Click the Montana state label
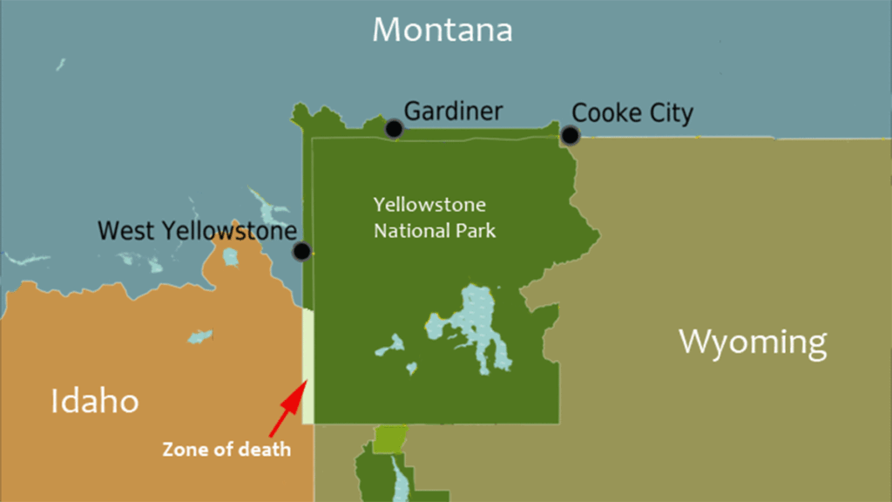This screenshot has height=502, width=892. tap(442, 31)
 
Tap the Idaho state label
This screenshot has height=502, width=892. tap(94, 402)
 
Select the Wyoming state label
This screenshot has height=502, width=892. tap(752, 342)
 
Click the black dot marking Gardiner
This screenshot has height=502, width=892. tap(394, 129)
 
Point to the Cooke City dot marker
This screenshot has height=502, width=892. tap(570, 135)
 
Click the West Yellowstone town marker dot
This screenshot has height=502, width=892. tap(301, 252)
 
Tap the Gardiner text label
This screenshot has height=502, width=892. tap(453, 111)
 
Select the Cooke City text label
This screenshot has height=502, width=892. tap(632, 113)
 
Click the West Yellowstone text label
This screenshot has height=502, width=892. tap(197, 231)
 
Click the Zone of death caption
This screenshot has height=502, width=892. tap(226, 451)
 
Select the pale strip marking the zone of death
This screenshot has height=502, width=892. tap(307, 366)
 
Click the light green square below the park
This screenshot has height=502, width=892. tap(390, 439)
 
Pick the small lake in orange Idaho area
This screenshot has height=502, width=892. tap(200, 336)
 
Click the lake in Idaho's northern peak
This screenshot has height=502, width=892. tap(230, 256)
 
